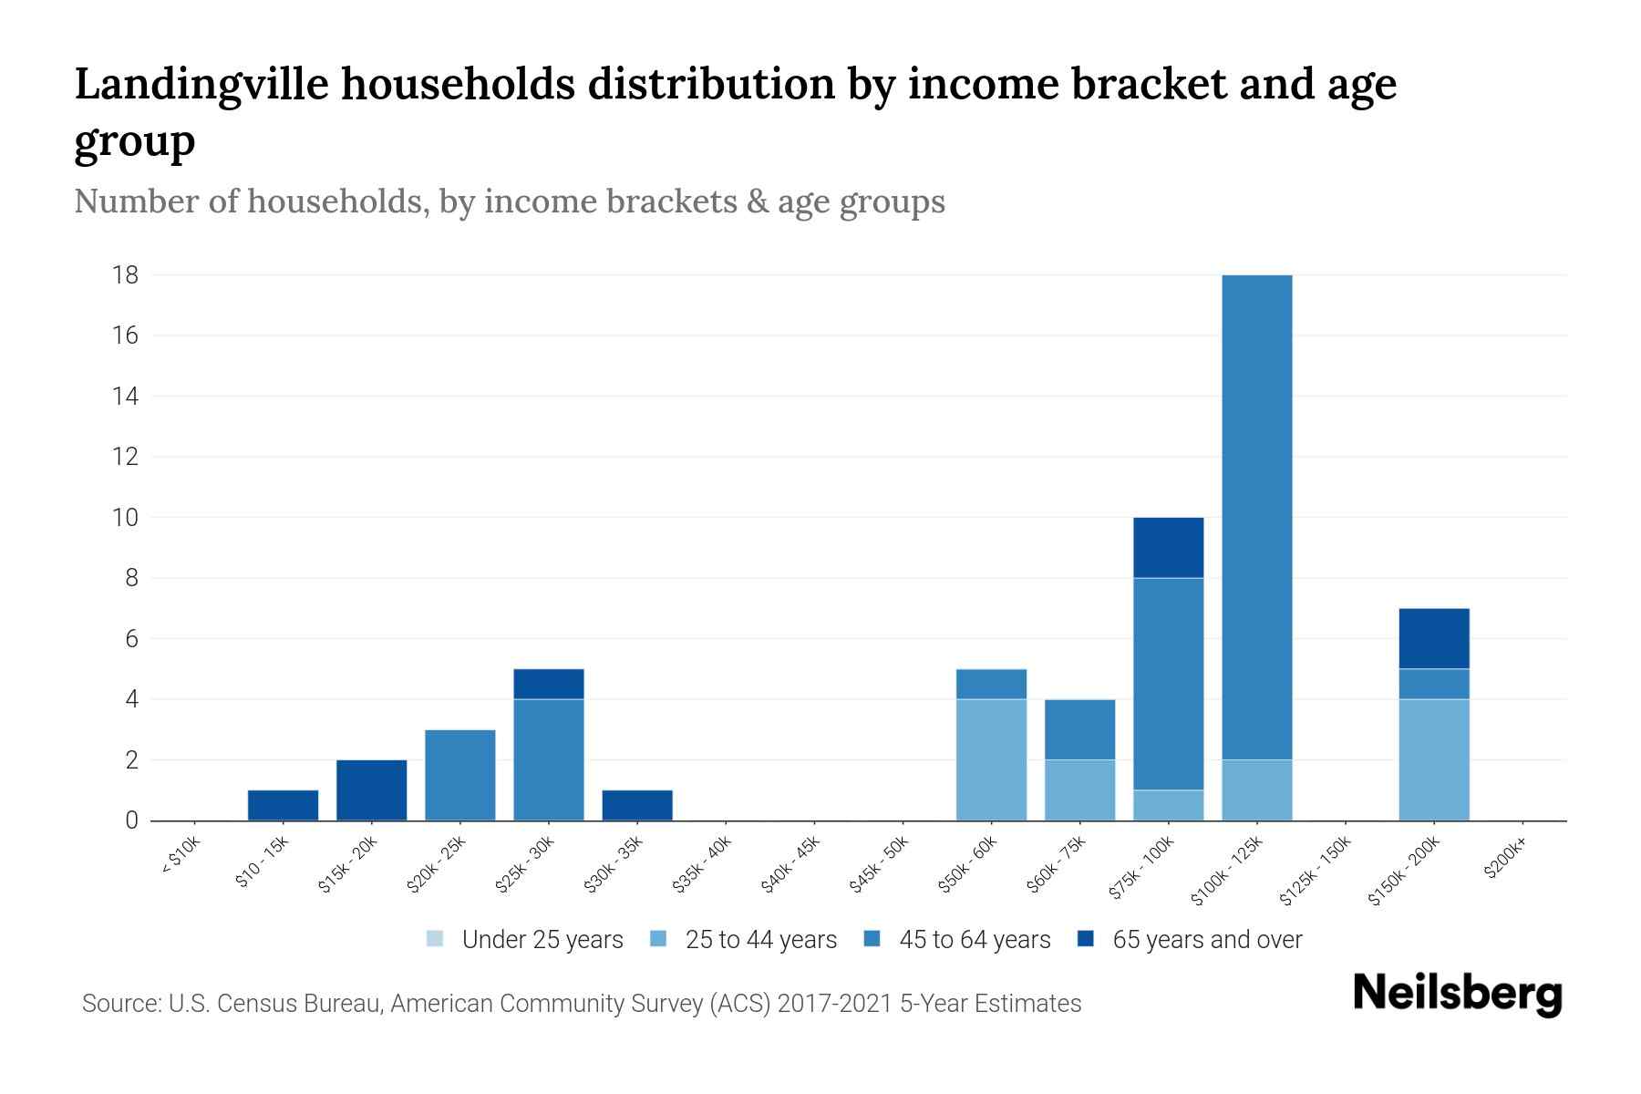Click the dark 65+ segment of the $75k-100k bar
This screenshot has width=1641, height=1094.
tap(1168, 547)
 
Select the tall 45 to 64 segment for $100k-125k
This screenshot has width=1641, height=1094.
tap(1256, 517)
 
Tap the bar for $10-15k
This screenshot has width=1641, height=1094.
tap(283, 805)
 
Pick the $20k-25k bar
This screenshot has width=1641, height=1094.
tap(459, 775)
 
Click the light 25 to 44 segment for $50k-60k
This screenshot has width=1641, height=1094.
tap(991, 759)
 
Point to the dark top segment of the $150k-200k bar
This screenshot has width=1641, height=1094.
tap(1433, 638)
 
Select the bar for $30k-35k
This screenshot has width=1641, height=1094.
tap(637, 805)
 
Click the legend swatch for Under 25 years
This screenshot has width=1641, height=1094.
tap(435, 939)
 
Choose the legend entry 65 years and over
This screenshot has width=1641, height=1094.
tap(1206, 939)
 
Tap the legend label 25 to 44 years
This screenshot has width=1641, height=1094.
tap(760, 939)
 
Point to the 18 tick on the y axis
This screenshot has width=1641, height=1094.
tap(126, 274)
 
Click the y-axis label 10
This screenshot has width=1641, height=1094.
tap(126, 518)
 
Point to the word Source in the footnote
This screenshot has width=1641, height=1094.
tap(119, 1004)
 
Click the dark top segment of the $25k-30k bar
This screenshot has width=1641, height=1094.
tap(548, 684)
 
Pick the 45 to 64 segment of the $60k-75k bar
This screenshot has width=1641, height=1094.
tap(1079, 729)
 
